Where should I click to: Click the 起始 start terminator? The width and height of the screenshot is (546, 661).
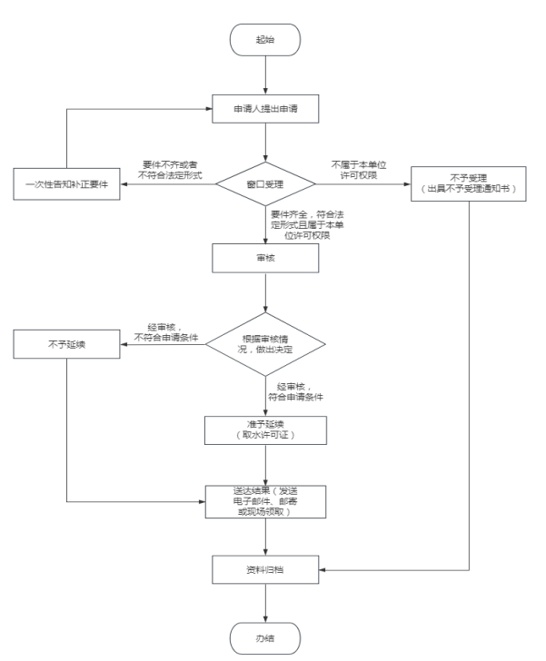coord(264,40)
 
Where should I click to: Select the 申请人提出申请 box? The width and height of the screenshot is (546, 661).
coord(264,111)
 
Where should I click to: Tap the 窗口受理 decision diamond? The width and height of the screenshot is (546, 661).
coord(264,183)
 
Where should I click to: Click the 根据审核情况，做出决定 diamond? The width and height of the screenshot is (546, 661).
coord(264,343)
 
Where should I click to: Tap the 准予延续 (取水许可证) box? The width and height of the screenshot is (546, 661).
coord(264,429)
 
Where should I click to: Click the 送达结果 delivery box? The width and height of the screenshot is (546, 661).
coord(264,500)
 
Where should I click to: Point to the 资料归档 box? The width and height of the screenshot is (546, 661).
coord(264,568)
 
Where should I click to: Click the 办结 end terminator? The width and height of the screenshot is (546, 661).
coord(264,637)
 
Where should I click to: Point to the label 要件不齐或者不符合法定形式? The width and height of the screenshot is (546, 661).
coord(168,168)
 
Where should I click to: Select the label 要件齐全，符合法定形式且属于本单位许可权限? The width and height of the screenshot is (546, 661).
coord(306,223)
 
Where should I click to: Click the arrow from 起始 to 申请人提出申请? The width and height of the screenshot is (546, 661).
coord(264,74)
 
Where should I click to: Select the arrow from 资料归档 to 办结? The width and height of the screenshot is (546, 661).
coord(264,602)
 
